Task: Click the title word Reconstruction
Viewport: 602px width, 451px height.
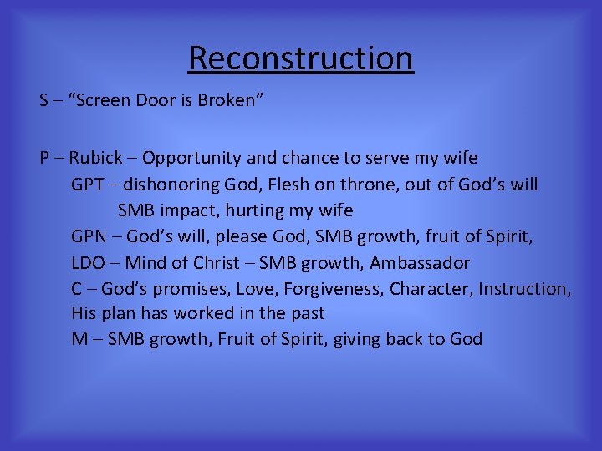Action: tap(301, 58)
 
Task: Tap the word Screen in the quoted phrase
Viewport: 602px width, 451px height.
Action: tap(104, 101)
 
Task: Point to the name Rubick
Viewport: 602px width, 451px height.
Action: tap(95, 158)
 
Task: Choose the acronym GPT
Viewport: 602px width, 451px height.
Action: tap(88, 185)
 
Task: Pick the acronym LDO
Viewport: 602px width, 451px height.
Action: tap(88, 263)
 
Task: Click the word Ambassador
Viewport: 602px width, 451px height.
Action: tap(420, 263)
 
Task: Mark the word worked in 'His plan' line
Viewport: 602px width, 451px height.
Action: tap(209, 314)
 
